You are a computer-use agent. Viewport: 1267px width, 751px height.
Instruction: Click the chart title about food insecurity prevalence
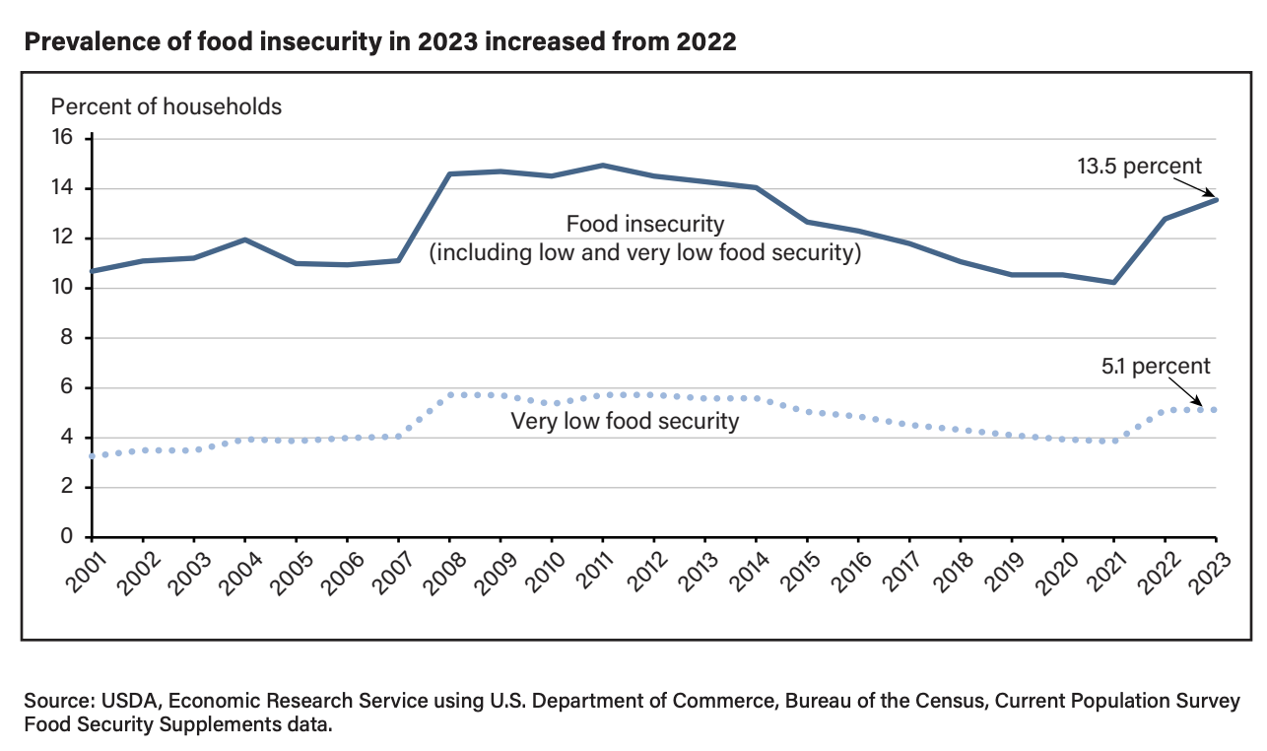pyautogui.click(x=379, y=42)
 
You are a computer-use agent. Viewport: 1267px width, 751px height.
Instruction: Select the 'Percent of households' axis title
pyautogui.click(x=167, y=106)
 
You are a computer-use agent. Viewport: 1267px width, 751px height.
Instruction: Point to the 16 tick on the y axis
pyautogui.click(x=63, y=138)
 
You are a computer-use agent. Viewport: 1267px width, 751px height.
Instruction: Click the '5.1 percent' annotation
pyautogui.click(x=1156, y=367)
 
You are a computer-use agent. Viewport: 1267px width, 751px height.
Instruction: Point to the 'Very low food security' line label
pyautogui.click(x=625, y=422)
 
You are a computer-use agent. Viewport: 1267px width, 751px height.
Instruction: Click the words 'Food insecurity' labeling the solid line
pyautogui.click(x=645, y=224)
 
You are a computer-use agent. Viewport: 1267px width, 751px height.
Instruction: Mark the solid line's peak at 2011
pyautogui.click(x=603, y=166)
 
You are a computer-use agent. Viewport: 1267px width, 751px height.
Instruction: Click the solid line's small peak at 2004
pyautogui.click(x=244, y=239)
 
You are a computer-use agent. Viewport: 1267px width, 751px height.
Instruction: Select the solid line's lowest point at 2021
pyautogui.click(x=1113, y=283)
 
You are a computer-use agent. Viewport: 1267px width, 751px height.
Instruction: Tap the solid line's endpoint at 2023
pyautogui.click(x=1216, y=200)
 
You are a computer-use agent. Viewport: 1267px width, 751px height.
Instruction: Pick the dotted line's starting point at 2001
pyautogui.click(x=92, y=456)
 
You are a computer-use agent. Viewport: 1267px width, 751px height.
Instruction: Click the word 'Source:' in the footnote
pyautogui.click(x=57, y=702)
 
